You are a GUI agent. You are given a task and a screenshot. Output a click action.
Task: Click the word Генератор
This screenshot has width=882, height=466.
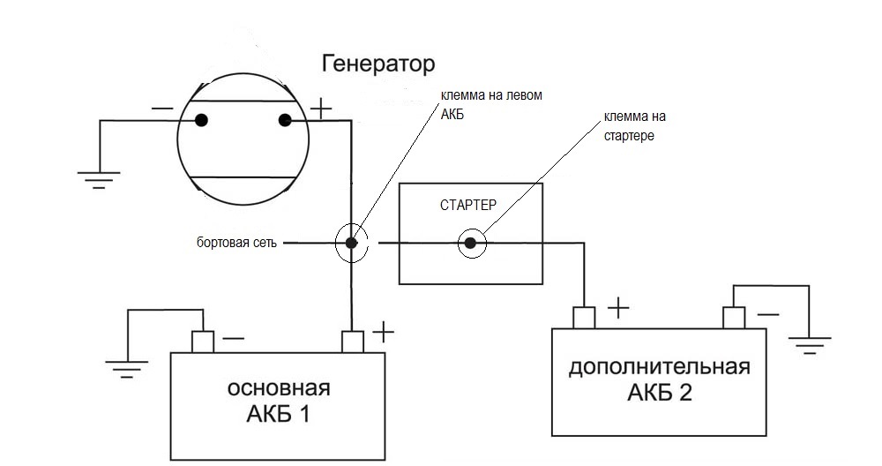(378, 64)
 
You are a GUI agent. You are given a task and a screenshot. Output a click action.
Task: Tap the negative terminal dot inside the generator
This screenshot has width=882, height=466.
(202, 120)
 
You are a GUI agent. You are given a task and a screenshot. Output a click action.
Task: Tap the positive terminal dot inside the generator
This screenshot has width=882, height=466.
(285, 120)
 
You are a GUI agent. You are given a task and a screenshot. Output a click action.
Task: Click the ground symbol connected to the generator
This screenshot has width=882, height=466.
(99, 179)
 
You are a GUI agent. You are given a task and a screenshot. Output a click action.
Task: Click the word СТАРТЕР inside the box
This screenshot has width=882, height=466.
(468, 205)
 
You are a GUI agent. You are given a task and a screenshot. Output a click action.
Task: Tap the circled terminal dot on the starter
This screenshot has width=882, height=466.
(471, 243)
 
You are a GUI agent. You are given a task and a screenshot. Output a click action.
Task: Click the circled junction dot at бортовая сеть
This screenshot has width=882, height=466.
(351, 243)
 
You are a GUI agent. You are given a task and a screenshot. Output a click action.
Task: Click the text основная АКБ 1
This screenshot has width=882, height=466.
(279, 401)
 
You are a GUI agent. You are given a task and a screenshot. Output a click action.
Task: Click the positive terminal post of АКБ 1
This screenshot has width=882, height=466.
(353, 341)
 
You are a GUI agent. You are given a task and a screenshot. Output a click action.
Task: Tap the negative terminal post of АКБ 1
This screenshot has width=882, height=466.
(203, 341)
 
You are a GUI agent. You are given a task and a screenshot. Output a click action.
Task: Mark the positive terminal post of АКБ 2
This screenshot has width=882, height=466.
(584, 317)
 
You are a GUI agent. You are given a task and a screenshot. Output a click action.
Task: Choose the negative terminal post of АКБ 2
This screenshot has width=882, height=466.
(734, 317)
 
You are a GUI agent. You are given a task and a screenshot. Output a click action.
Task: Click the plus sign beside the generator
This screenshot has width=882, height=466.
(321, 110)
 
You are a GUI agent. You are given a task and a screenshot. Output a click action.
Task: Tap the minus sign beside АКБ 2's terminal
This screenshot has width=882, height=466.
(768, 311)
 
